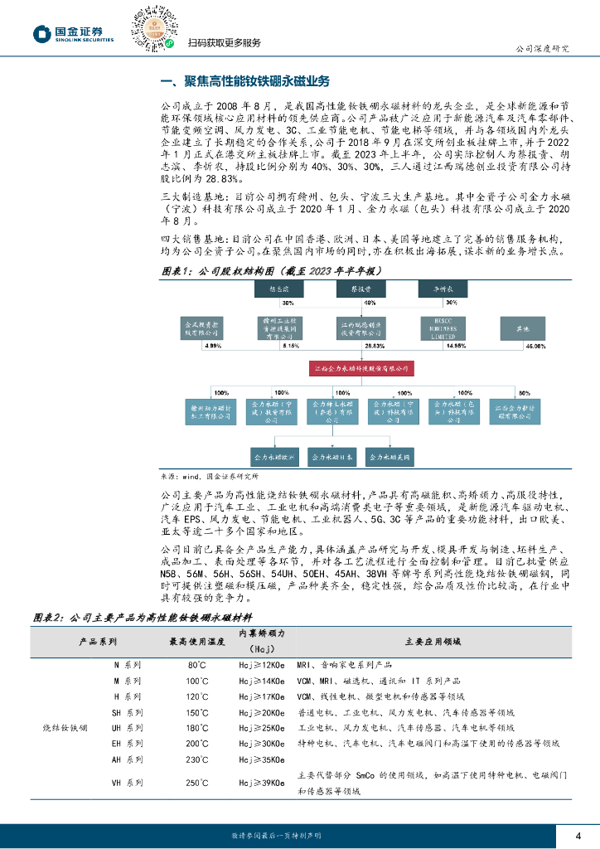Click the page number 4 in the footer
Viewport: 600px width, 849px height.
[x=578, y=834]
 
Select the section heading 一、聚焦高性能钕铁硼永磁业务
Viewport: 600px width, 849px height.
[x=244, y=81]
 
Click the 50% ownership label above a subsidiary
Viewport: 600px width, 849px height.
[x=523, y=391]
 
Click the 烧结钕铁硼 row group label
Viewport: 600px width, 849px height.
[x=65, y=728]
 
